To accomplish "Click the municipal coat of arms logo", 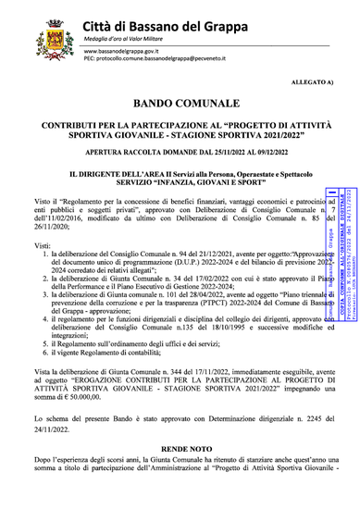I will [48, 39].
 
